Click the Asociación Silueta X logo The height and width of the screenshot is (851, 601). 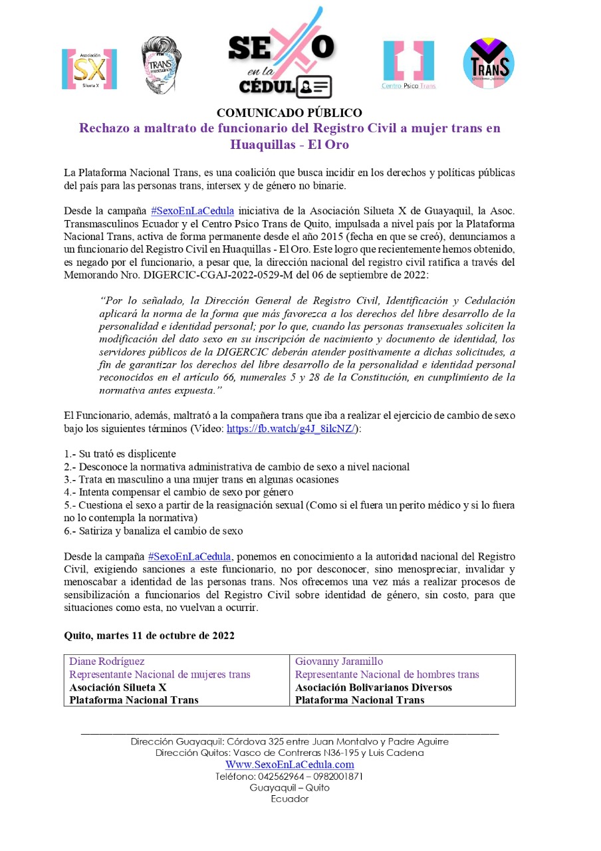click(89, 68)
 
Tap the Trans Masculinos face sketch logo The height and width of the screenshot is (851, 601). click(162, 64)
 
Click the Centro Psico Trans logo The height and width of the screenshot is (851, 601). click(408, 65)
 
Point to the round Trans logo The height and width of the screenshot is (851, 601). click(489, 64)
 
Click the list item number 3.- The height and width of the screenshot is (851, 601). click(70, 479)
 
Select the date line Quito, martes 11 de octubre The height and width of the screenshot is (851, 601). click(149, 635)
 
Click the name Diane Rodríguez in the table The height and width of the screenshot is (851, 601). click(107, 662)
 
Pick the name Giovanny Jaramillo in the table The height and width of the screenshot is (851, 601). click(339, 662)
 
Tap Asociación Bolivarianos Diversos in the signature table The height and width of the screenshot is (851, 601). click(373, 687)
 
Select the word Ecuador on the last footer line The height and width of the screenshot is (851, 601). click(289, 799)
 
